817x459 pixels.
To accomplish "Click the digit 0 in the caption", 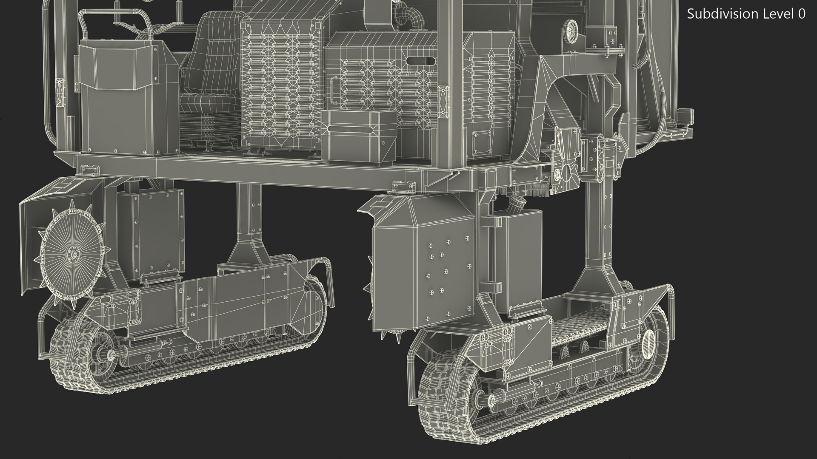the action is coord(801,14).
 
